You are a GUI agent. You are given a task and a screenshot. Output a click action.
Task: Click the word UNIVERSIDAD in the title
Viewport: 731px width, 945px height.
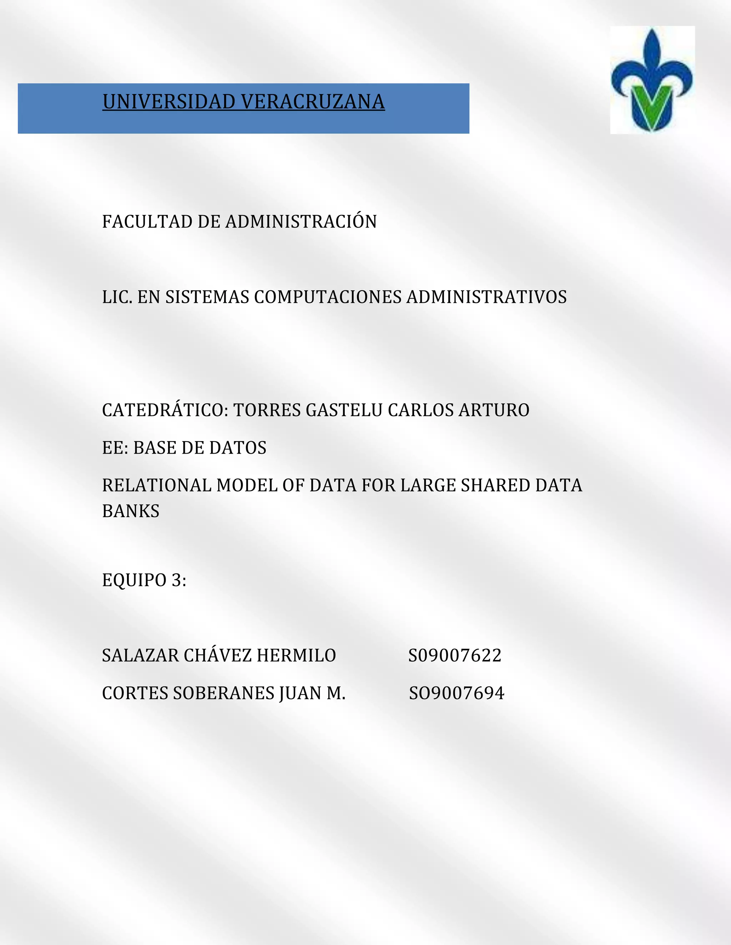point(169,102)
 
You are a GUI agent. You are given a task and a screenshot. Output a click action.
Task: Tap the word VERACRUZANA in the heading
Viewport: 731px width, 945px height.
point(313,102)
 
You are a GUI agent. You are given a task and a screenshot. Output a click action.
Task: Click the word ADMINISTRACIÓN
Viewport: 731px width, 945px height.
point(301,221)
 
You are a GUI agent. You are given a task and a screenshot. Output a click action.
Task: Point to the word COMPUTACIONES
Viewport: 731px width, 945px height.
point(328,297)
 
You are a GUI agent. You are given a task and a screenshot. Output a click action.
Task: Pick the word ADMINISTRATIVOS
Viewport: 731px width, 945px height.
point(487,297)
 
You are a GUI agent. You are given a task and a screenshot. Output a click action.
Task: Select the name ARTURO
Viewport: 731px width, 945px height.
point(494,410)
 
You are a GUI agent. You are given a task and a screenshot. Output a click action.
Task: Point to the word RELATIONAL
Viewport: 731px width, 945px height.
point(157,485)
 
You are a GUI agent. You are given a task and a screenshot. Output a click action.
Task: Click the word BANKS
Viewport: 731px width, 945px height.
point(131,511)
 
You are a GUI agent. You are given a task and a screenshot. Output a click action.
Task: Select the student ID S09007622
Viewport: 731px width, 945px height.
point(455,655)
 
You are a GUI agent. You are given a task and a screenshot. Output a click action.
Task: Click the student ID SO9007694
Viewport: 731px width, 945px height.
point(457,693)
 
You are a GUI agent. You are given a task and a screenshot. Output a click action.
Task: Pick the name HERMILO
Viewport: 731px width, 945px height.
point(296,655)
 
